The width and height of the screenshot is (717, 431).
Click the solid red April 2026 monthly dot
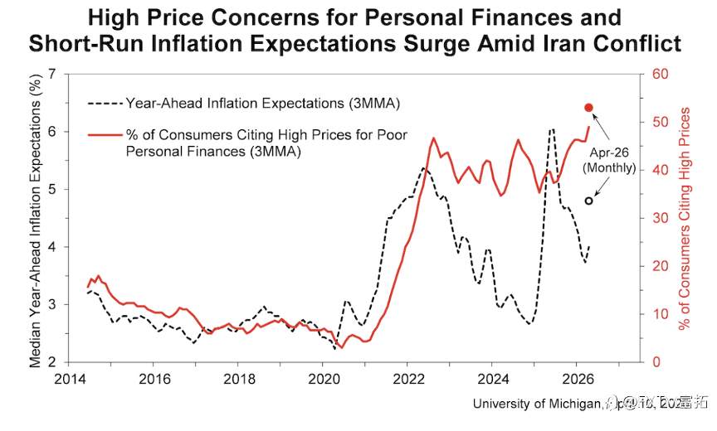click(588, 108)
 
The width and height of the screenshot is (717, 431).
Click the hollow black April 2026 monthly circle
click(589, 201)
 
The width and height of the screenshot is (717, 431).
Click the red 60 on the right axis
click(661, 75)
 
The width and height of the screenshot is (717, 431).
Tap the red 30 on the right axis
click(661, 218)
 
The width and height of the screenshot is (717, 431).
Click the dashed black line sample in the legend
click(104, 104)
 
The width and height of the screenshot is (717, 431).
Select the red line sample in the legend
click(104, 133)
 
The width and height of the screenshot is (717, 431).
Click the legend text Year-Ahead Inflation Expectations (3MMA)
click(262, 104)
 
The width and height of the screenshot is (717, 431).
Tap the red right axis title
click(685, 218)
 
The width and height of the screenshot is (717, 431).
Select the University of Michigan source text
click(535, 404)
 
